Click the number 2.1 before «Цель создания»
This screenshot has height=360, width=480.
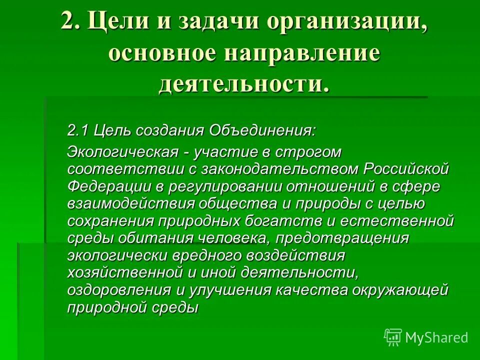78,131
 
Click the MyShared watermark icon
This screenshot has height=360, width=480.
393,337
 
